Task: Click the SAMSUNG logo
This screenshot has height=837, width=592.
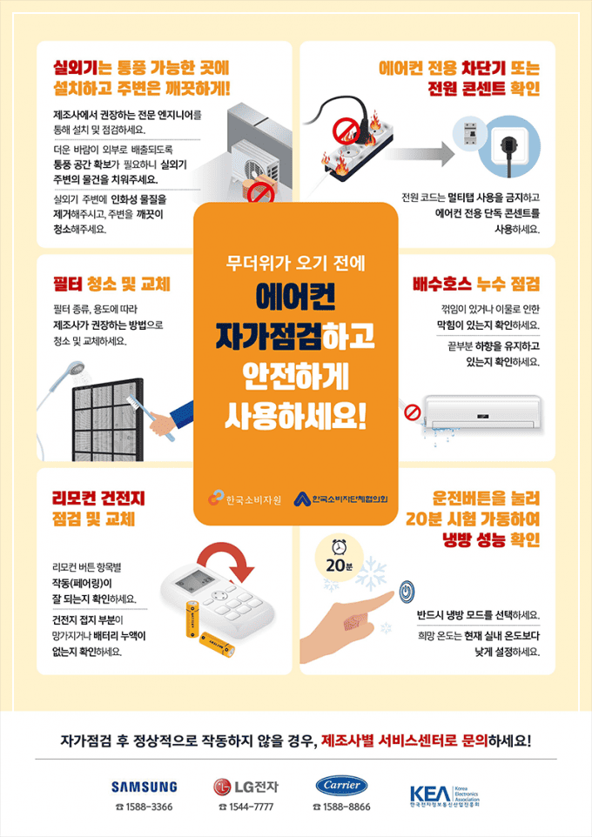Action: [x=144, y=787]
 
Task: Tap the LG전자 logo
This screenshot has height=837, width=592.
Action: [x=246, y=787]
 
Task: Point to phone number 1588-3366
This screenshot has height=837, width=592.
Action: [x=144, y=807]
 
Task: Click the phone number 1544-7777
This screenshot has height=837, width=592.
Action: [x=247, y=807]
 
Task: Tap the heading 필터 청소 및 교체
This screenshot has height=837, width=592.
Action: [x=111, y=285]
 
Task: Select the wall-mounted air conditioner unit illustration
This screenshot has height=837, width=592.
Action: [x=483, y=410]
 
